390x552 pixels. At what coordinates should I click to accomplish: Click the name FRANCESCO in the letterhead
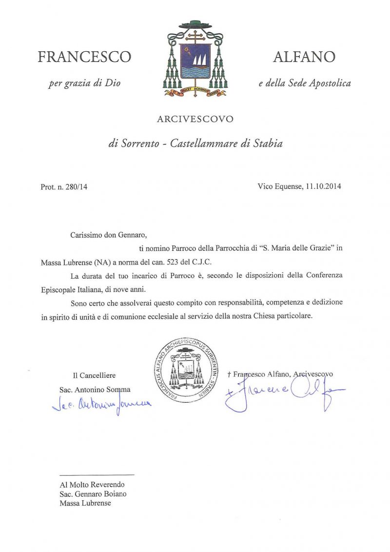(84, 57)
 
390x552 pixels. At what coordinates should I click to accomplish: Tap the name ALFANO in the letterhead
(304, 57)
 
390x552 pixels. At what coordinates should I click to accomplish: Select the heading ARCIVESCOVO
(195, 119)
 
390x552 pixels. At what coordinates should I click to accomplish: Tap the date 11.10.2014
(324, 186)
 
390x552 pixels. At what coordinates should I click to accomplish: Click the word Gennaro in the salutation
(132, 235)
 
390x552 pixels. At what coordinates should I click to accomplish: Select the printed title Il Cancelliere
(95, 375)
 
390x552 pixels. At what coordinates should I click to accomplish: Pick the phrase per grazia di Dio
(84, 83)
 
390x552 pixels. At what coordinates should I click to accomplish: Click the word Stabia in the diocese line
(268, 144)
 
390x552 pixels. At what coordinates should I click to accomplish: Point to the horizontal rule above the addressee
(97, 474)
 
